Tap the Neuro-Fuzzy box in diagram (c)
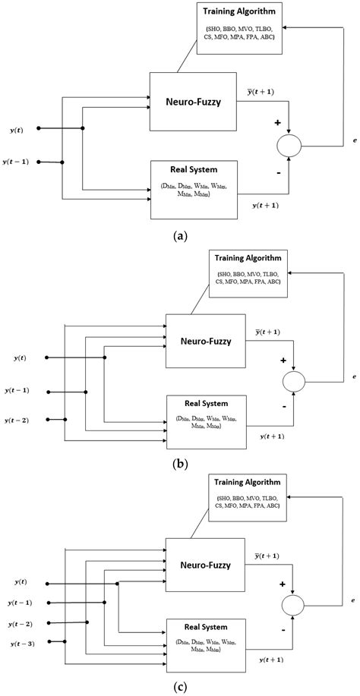pos(205,565)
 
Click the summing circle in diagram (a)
pos(289,145)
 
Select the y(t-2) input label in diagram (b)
pos(17,420)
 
